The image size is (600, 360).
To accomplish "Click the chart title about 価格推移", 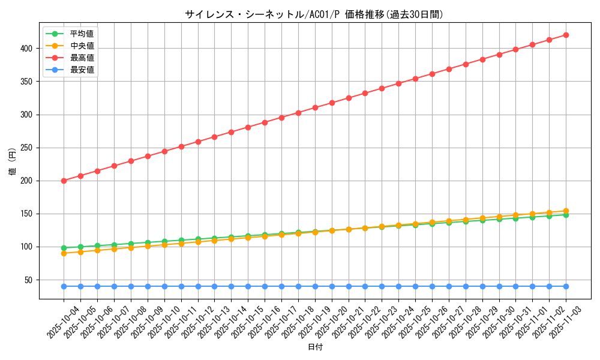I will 314,14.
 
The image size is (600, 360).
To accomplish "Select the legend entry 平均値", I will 82,34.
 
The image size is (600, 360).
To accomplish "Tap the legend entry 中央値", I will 82,46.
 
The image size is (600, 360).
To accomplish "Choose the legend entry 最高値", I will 82,58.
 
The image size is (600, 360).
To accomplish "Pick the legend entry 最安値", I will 82,70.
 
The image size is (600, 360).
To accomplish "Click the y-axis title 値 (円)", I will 13,162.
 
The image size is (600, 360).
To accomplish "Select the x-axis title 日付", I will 315,347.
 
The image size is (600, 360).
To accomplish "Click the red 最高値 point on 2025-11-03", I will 566,35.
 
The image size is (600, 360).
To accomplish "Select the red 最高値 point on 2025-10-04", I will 64,181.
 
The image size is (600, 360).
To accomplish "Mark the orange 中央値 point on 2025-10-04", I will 64,253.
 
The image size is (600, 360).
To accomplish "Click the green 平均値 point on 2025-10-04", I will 64,248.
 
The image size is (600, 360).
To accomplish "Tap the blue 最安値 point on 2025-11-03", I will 566,286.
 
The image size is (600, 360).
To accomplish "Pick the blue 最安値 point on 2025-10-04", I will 64,286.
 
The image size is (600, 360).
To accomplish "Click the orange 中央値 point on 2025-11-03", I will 566,211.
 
